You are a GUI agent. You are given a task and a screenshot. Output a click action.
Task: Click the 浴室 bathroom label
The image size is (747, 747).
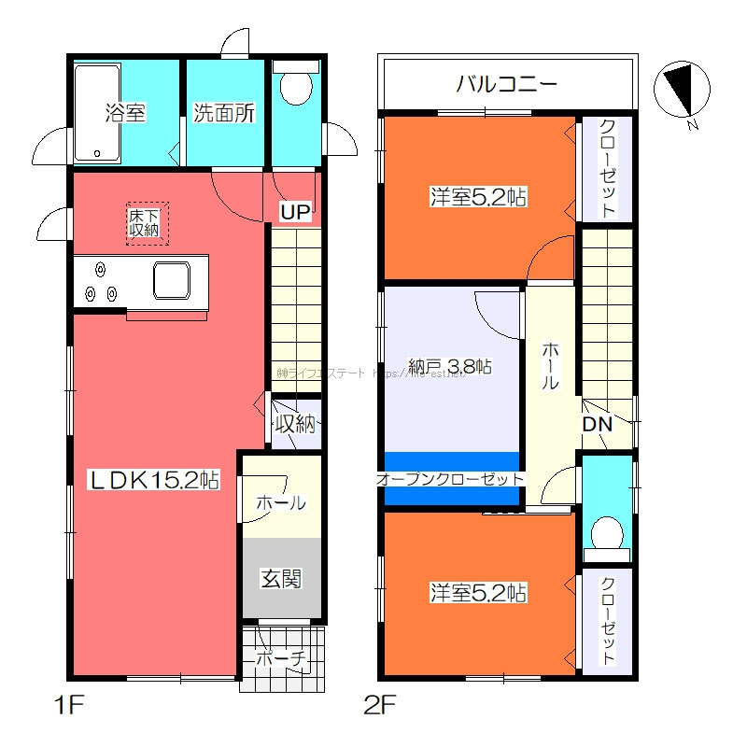coord(124,114)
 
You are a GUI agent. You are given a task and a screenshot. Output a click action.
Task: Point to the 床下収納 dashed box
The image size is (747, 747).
coord(143,223)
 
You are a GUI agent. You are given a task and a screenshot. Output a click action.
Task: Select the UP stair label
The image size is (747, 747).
coord(295,213)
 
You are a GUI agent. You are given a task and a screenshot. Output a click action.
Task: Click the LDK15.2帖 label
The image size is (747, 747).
coord(154,480)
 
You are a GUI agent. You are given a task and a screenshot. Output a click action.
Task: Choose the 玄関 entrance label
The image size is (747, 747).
coord(280,579)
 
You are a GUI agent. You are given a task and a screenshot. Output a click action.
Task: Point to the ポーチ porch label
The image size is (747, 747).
coord(282,659)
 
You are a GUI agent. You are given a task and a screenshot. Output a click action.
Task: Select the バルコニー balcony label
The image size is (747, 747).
coord(507,85)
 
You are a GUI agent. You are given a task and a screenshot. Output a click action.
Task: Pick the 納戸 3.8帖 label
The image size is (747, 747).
coord(450,367)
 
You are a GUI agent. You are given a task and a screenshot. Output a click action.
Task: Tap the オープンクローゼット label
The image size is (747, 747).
coord(450,478)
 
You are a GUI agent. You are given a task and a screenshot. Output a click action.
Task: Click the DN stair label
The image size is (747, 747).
coord(597,424)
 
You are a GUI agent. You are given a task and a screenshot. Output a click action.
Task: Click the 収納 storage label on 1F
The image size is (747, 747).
coord(295,424)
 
